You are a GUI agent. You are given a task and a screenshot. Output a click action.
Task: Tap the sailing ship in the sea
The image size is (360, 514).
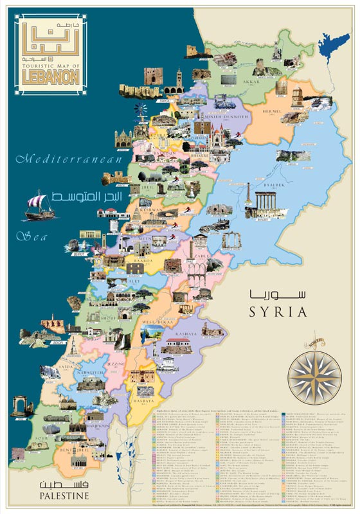tap(40, 207)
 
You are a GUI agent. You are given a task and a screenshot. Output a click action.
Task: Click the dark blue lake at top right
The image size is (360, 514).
tap(333, 42)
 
